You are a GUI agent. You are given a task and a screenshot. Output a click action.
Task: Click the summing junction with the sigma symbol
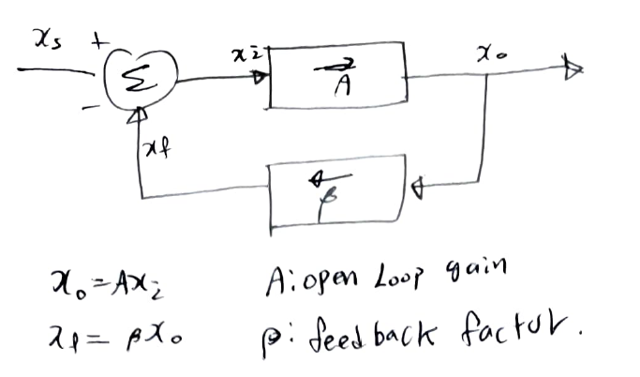141,82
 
